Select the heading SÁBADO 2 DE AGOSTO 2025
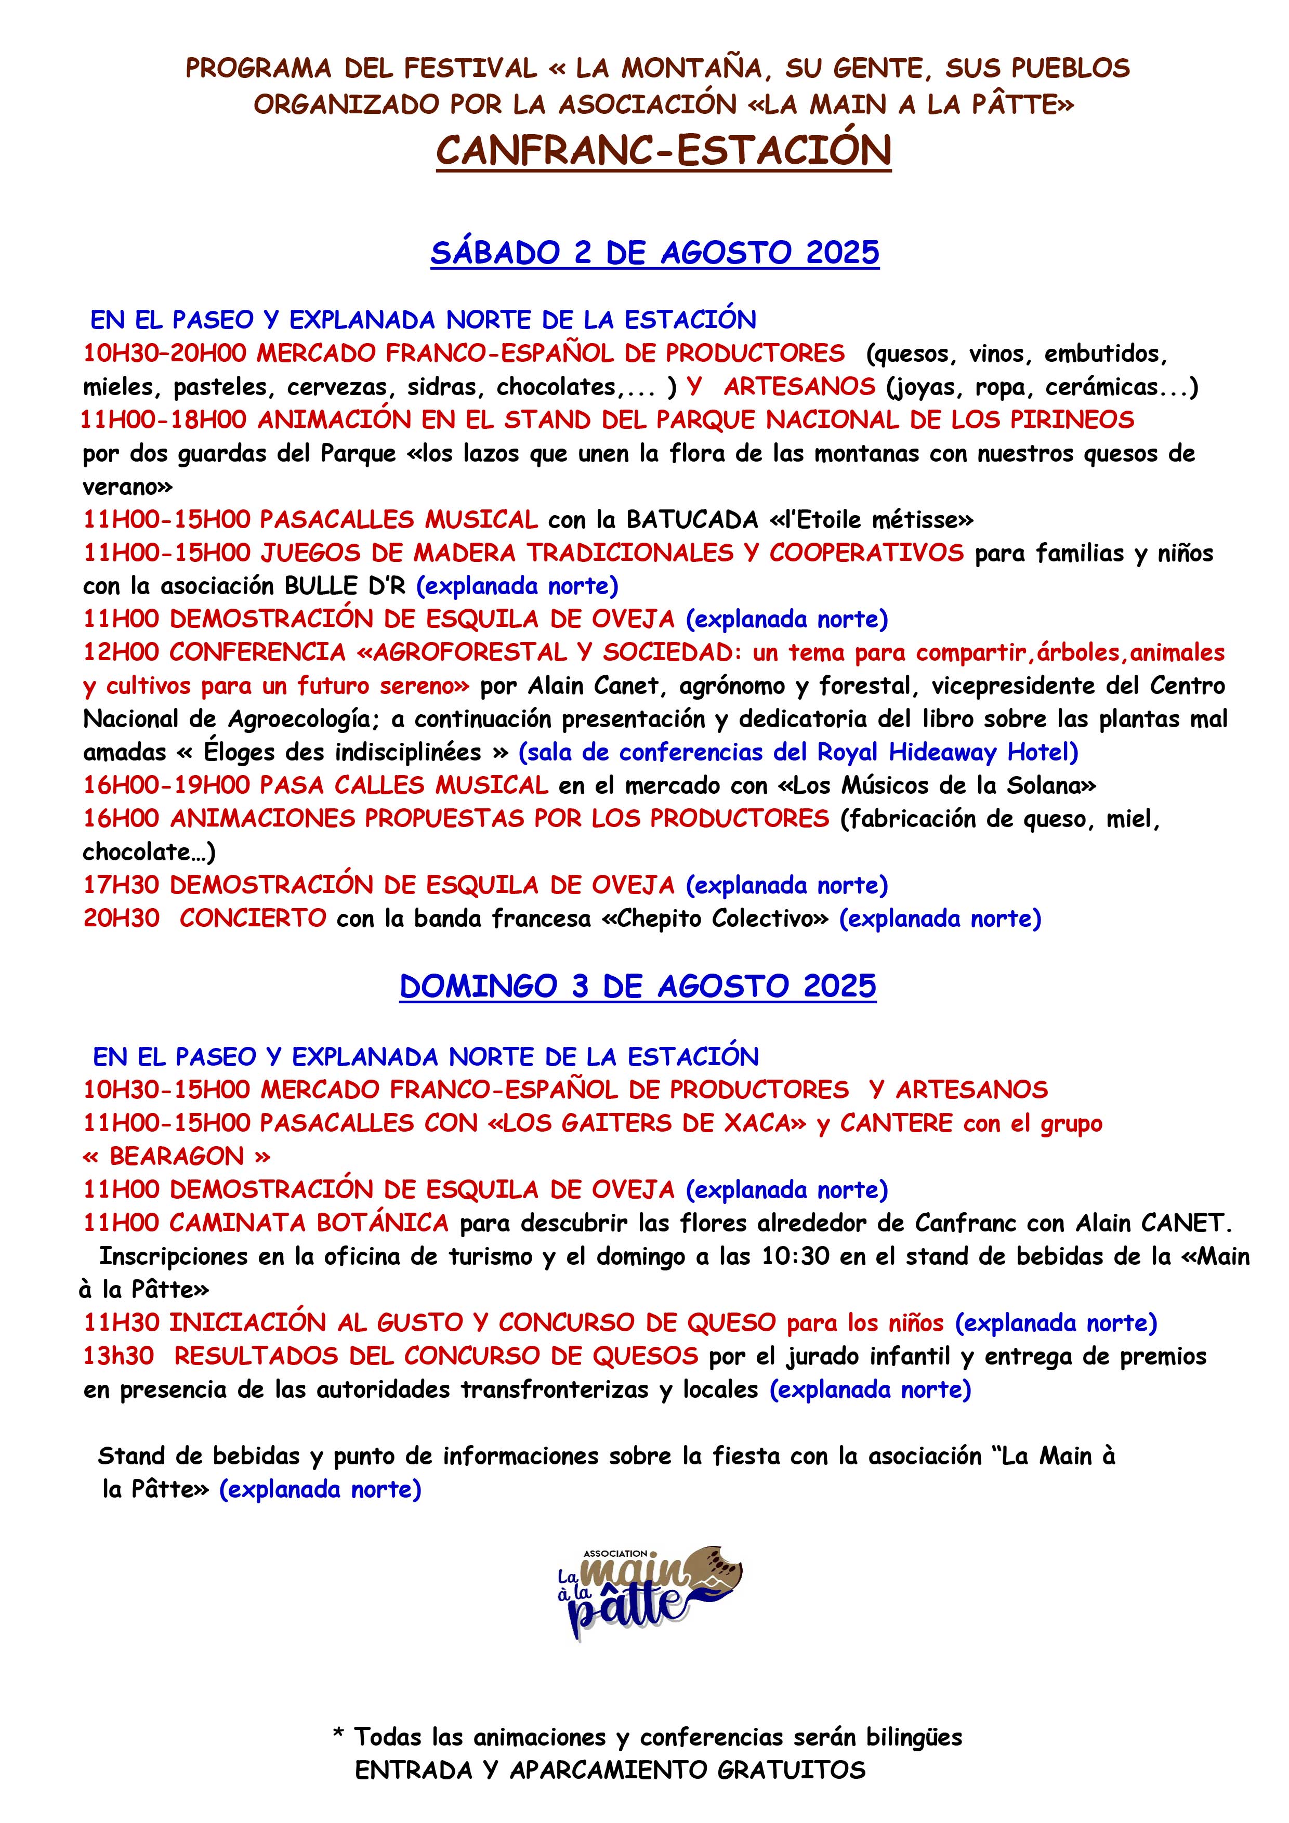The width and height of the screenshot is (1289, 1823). [655, 253]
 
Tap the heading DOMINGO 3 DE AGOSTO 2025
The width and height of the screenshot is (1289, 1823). [637, 986]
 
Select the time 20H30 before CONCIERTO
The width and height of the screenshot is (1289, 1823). [122, 919]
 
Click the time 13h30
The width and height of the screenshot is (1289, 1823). [119, 1356]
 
